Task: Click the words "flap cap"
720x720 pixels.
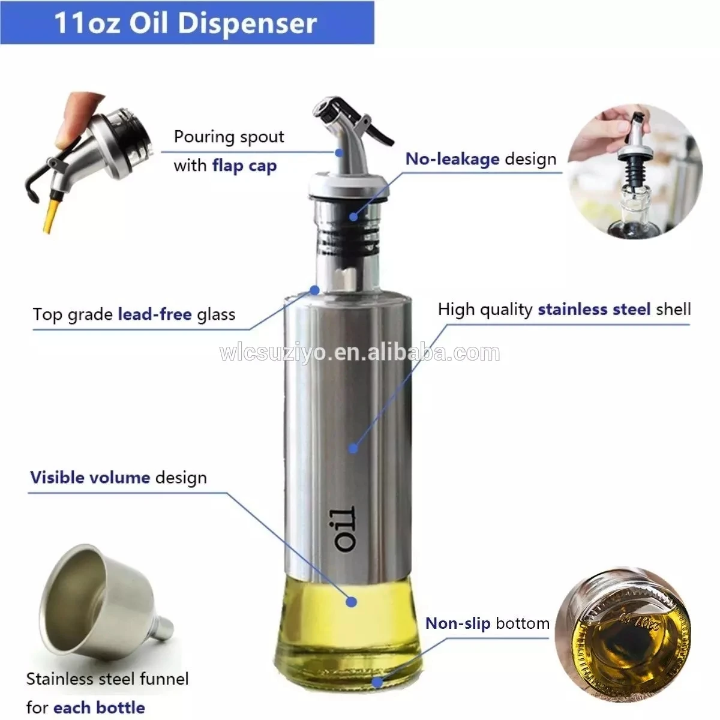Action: click(x=244, y=166)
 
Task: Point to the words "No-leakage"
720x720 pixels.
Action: click(x=452, y=159)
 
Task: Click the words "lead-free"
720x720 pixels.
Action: click(x=155, y=314)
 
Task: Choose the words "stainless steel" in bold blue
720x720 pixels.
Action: click(x=594, y=310)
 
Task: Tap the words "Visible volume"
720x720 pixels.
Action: click(x=90, y=478)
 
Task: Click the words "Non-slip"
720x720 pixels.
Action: click(x=458, y=623)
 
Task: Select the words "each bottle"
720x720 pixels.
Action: click(x=99, y=697)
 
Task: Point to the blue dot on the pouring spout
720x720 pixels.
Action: click(x=339, y=153)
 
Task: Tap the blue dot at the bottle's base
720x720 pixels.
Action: click(x=377, y=683)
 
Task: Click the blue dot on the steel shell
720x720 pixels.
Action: click(x=353, y=448)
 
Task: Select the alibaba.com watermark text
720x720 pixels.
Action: click(x=359, y=353)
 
